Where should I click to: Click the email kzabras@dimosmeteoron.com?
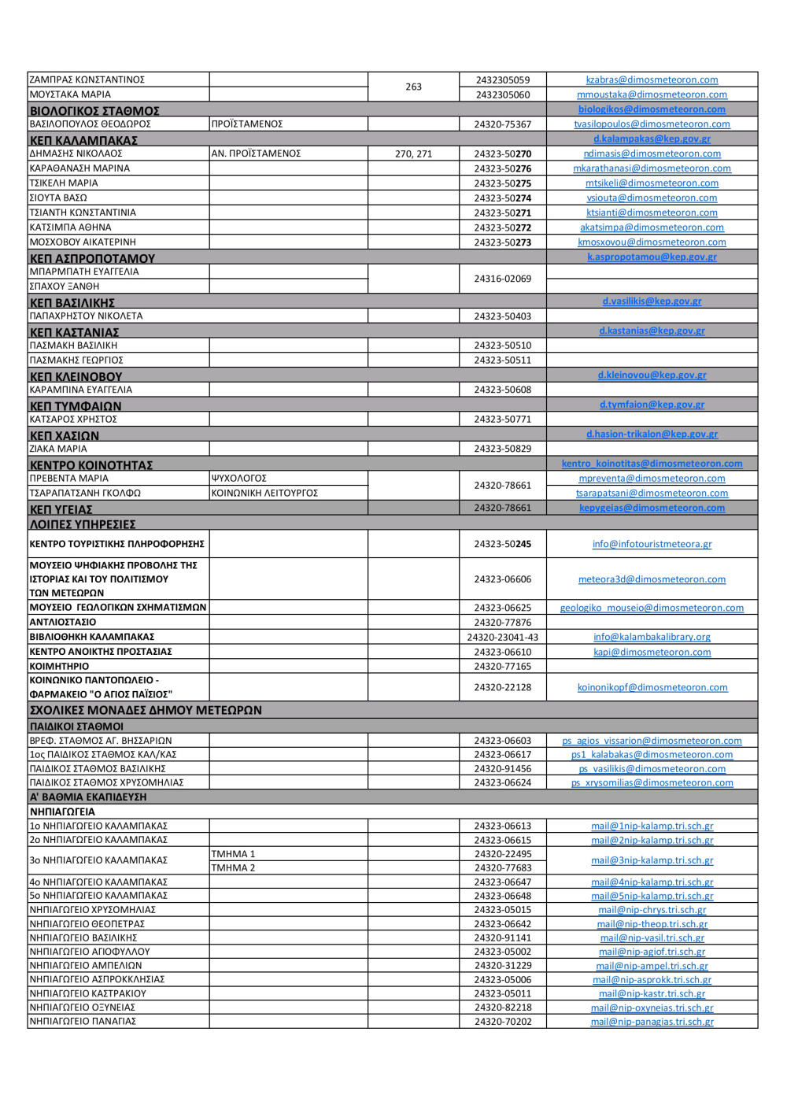tap(652, 80)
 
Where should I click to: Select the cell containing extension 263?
tap(413, 87)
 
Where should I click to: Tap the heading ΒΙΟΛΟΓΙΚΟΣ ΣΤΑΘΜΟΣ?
tap(94, 111)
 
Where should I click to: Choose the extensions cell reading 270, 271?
tap(413, 154)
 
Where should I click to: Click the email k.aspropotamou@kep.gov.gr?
tap(652, 257)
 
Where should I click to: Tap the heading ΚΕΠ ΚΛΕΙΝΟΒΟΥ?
tap(76, 377)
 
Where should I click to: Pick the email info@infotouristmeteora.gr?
tap(652, 544)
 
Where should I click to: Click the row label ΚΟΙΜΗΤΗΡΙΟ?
tap(59, 666)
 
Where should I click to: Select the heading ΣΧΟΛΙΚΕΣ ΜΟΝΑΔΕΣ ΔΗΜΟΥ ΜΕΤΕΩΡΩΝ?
tap(146, 710)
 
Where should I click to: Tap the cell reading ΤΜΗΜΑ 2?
tap(233, 868)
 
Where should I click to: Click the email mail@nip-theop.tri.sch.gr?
tap(652, 924)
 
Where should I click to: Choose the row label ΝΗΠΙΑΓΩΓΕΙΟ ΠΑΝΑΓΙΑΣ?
tap(83, 1022)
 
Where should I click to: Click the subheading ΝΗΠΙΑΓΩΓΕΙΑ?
tap(62, 812)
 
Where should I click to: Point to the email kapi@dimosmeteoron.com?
tap(652, 653)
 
